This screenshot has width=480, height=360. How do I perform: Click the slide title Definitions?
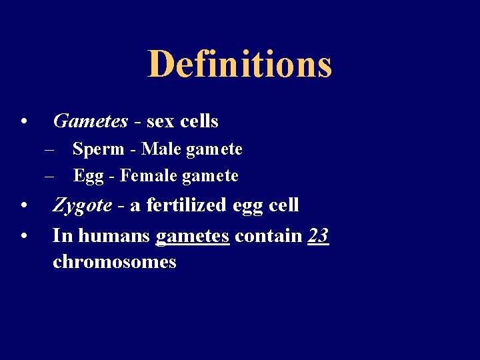[239, 65]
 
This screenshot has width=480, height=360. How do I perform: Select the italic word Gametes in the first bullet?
[90, 121]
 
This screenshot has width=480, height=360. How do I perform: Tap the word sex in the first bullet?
[160, 121]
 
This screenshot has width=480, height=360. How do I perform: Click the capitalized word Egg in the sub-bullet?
[85, 176]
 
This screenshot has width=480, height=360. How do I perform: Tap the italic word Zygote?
[82, 205]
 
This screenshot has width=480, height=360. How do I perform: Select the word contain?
[269, 235]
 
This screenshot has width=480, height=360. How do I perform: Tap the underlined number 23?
[319, 235]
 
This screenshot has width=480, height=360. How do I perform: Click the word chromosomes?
[114, 262]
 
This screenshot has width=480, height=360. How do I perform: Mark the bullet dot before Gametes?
[23, 122]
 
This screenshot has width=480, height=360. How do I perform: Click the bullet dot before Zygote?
[23, 206]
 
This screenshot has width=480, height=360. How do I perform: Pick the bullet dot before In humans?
[23, 236]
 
